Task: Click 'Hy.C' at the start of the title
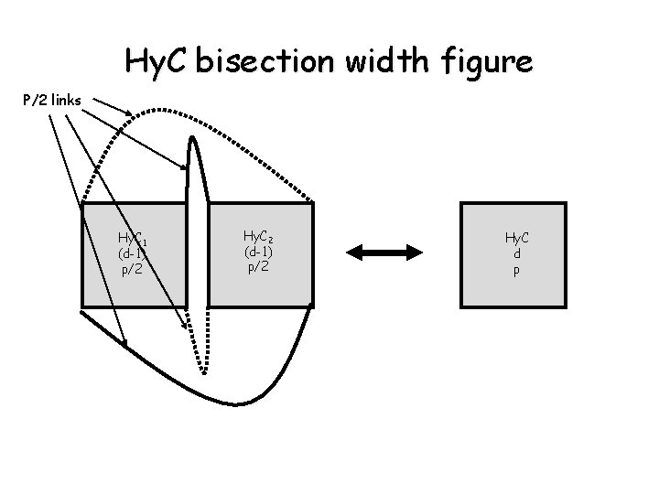coord(158,63)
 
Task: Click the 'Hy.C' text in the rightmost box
coord(518,238)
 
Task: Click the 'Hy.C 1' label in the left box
coord(129,240)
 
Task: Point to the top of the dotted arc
coord(197,112)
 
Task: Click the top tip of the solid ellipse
coord(191,139)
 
